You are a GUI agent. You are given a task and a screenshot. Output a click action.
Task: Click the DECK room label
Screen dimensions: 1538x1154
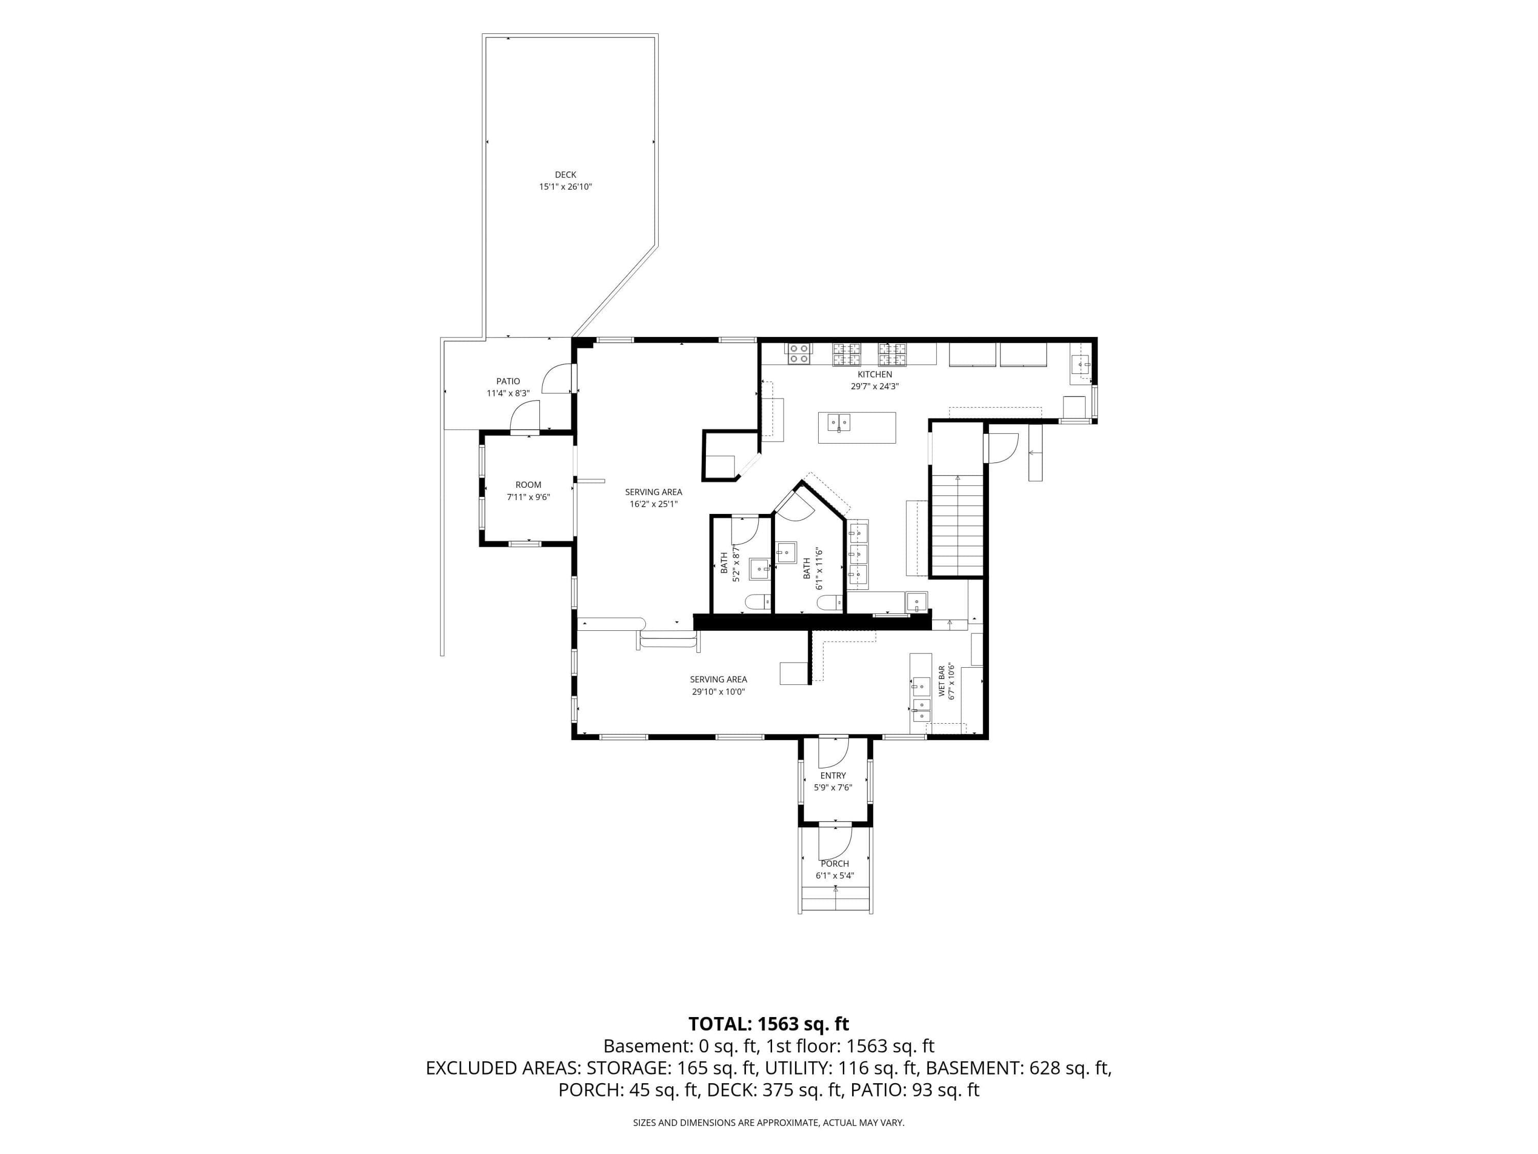point(565,174)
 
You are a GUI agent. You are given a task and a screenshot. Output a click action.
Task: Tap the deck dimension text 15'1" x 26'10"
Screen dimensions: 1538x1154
point(565,186)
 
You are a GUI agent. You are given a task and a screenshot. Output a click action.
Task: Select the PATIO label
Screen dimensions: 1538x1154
point(508,381)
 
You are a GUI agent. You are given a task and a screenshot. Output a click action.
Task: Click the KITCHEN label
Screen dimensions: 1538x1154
point(875,374)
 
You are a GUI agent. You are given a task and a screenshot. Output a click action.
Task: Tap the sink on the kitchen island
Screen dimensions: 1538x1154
point(839,422)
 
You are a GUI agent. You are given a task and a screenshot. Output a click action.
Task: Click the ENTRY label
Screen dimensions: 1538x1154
point(833,775)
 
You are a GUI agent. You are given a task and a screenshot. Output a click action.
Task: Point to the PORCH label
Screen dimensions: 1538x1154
point(834,864)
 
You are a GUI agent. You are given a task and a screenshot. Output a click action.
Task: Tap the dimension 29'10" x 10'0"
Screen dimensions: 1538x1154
point(718,691)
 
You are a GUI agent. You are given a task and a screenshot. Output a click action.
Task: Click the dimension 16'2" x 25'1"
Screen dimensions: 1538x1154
point(654,504)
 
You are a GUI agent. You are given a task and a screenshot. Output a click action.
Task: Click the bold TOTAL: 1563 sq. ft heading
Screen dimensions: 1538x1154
point(768,1024)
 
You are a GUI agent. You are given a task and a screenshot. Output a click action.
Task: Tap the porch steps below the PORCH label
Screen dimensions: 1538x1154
point(835,900)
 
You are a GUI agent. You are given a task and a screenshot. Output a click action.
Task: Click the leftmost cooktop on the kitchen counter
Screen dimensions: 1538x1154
point(799,353)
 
